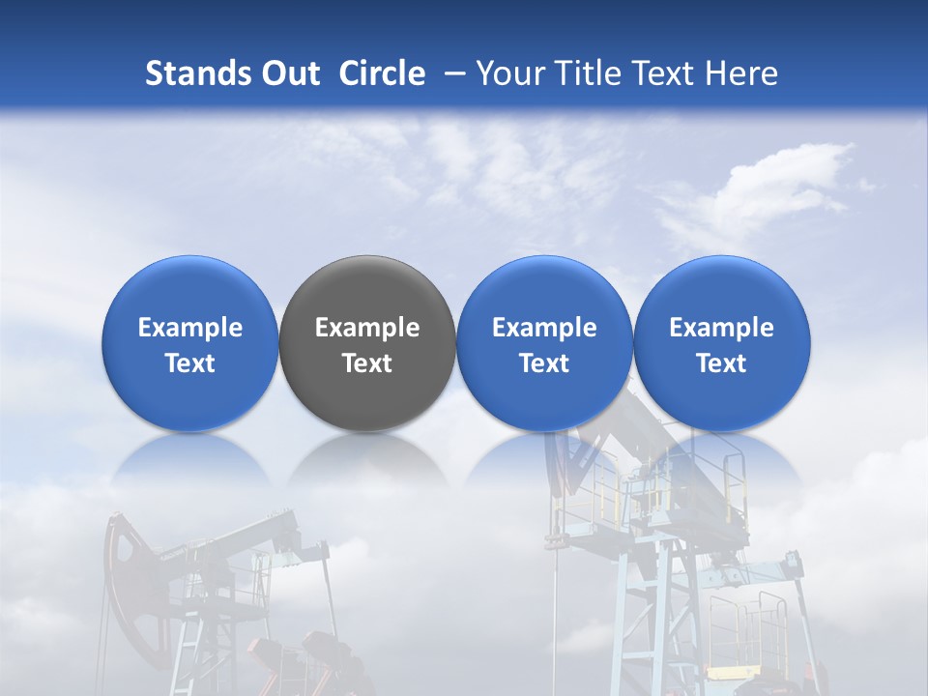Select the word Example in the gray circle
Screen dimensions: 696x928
tap(367, 328)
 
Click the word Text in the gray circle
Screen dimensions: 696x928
tap(367, 363)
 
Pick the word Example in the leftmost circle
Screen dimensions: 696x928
tap(190, 328)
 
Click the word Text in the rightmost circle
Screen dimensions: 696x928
tap(722, 363)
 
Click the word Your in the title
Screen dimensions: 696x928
tap(507, 73)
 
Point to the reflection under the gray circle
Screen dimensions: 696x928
tap(367, 459)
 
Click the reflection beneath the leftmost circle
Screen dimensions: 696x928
tap(190, 459)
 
